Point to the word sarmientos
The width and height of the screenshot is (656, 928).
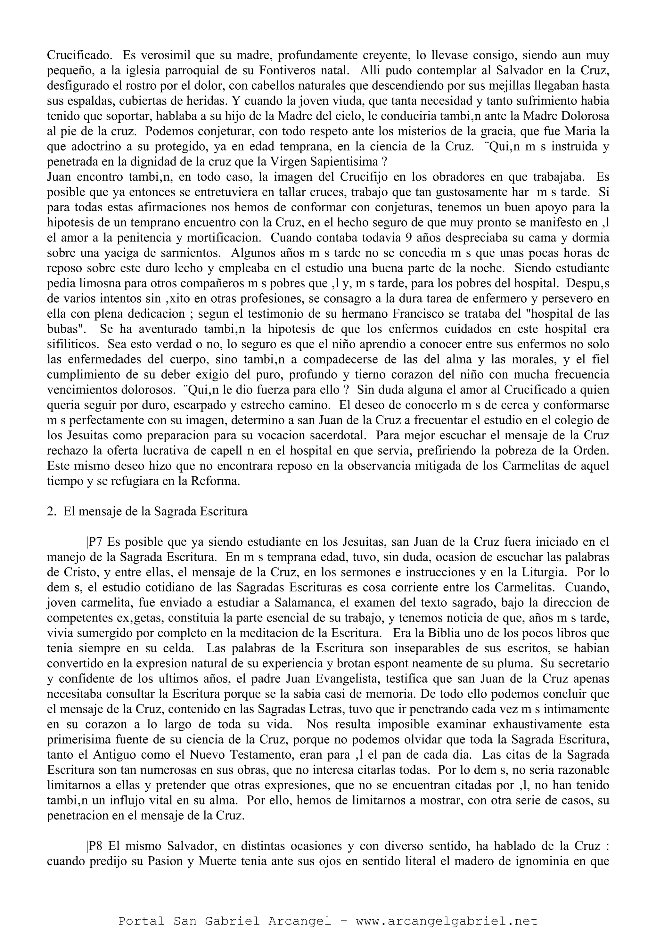point(190,253)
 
